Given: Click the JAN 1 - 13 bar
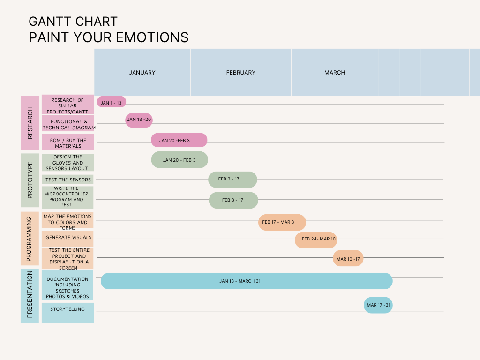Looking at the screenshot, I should (x=112, y=102).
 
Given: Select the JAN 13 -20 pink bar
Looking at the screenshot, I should (x=139, y=120).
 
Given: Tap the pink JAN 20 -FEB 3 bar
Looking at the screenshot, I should (x=179, y=140).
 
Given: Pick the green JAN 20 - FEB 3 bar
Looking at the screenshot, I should (x=179, y=160).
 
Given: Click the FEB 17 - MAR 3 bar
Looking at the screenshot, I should (x=282, y=222).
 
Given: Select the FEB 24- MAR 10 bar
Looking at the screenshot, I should (x=316, y=240).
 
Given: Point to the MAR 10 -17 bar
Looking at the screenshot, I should (x=348, y=258).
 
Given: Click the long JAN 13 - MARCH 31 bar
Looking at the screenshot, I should (x=247, y=281).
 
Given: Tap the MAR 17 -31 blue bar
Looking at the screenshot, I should (x=378, y=305).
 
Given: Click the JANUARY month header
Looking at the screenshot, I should (x=142, y=73).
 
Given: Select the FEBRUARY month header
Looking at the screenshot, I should (x=241, y=73).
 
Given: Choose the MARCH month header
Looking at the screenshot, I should (x=335, y=73).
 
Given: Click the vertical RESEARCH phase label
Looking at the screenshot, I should (x=30, y=123).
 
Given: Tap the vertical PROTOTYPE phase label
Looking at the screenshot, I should (x=30, y=180).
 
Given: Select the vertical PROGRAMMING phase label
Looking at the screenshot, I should (x=30, y=239).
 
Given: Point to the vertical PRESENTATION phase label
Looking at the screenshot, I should (x=30, y=295).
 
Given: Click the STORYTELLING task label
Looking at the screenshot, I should (x=67, y=309).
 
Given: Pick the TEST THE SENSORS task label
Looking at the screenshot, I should (x=68, y=180).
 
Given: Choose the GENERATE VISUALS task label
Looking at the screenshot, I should (x=68, y=238).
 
